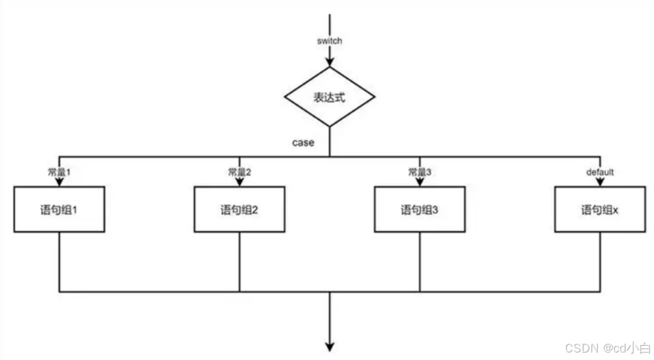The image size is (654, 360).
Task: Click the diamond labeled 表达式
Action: point(329,97)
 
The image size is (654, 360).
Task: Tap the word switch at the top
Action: point(329,41)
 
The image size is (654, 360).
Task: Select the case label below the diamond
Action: point(303,143)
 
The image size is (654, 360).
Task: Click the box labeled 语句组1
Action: point(60,210)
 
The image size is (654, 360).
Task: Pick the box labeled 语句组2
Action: point(240,210)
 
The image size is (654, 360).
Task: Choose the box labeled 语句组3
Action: point(420,210)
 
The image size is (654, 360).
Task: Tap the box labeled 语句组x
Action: point(600,210)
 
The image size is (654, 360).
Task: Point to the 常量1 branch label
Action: point(60,173)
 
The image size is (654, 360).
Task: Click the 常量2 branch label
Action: point(240,173)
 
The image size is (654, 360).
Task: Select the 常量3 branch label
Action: point(420,173)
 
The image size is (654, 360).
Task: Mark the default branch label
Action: point(600,173)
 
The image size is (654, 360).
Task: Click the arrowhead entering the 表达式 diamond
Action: point(329,62)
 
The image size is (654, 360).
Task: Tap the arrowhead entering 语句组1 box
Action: point(60,183)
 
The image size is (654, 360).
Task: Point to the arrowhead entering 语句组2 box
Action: point(240,183)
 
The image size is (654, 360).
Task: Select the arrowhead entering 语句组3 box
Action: point(420,183)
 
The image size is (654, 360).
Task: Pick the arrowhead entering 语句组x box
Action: point(600,183)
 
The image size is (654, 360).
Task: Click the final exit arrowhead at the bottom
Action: point(329,346)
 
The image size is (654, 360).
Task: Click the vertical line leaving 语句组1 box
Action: point(60,262)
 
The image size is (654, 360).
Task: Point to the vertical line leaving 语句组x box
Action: point(600,262)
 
